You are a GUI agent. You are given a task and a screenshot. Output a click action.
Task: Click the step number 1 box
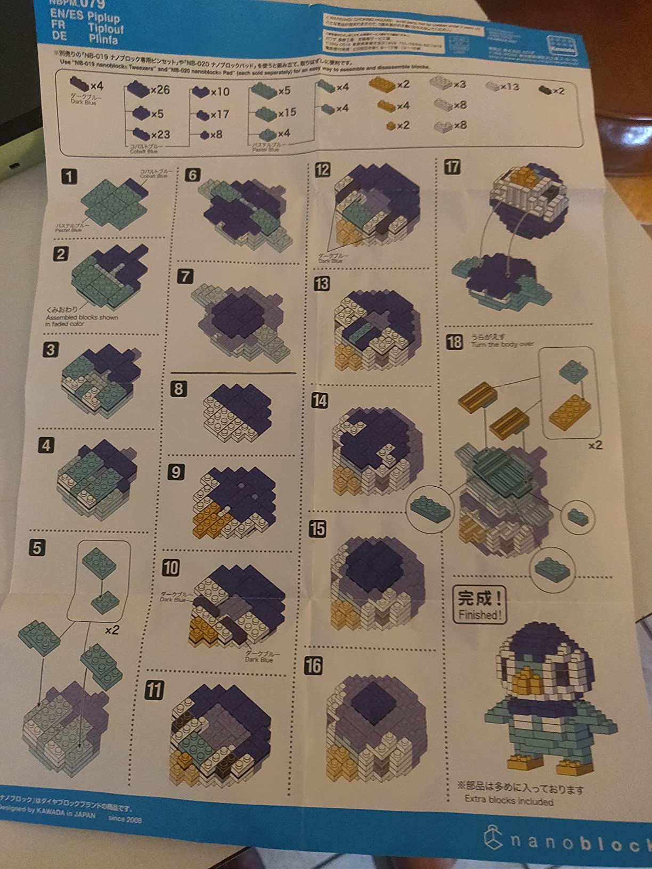click(x=69, y=176)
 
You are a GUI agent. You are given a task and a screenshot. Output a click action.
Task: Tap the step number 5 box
click(x=37, y=547)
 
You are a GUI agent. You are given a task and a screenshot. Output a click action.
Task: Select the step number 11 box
click(x=154, y=690)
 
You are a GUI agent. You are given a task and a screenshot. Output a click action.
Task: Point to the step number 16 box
click(x=313, y=665)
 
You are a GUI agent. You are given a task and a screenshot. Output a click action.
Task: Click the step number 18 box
click(x=454, y=341)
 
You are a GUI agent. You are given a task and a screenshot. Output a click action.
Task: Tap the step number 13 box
click(x=321, y=284)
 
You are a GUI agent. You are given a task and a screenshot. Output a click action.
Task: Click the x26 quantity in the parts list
click(x=160, y=90)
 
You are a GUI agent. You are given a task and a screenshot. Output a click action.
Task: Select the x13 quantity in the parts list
click(x=509, y=86)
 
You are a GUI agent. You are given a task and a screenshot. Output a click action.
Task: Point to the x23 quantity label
click(x=160, y=135)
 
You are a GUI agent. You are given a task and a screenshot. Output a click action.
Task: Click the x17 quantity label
click(x=219, y=114)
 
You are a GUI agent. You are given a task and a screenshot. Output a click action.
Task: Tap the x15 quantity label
click(x=287, y=112)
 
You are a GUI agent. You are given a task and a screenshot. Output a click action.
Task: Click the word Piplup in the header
click(x=104, y=17)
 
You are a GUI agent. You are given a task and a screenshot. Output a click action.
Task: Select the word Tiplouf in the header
click(x=105, y=29)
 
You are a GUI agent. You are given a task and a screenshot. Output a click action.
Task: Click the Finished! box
click(x=479, y=605)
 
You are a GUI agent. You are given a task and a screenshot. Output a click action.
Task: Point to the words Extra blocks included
click(x=509, y=800)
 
